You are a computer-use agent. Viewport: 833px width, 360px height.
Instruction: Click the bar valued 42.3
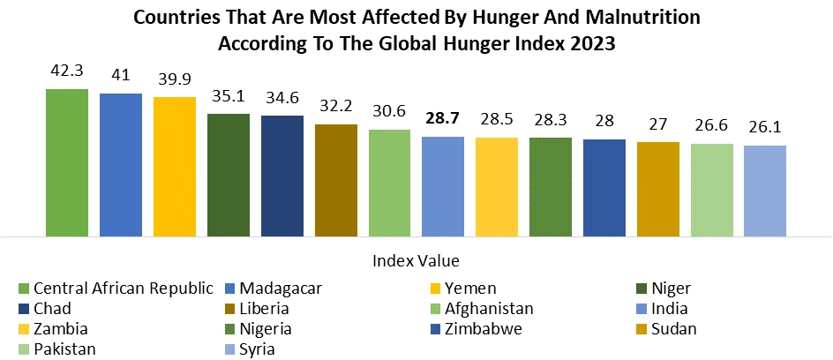pyautogui.click(x=67, y=163)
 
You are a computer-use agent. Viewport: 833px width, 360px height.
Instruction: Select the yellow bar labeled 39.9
pyautogui.click(x=175, y=167)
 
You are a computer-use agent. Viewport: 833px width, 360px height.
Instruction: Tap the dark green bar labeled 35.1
pyautogui.click(x=229, y=175)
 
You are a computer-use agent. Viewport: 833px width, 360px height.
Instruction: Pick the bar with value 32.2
pyautogui.click(x=336, y=180)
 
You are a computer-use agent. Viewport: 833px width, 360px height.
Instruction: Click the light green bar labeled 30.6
pyautogui.click(x=390, y=183)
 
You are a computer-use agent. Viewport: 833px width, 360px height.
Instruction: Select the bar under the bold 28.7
pyautogui.click(x=443, y=186)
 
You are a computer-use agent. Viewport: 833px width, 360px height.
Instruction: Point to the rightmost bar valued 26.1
pyautogui.click(x=765, y=191)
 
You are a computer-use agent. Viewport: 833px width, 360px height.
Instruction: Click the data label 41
pyautogui.click(x=121, y=77)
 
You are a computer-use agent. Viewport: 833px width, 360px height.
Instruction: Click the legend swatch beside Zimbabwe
pyautogui.click(x=437, y=329)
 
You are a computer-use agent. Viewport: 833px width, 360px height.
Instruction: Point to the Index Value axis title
pyautogui.click(x=416, y=261)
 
